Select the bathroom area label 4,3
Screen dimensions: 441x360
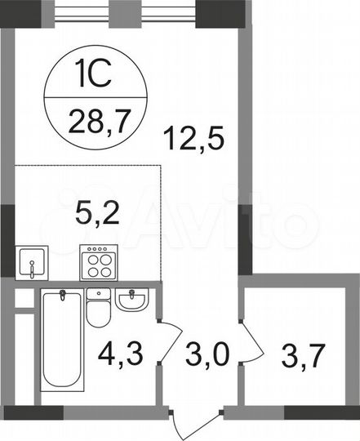pyautogui.click(x=118, y=356)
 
